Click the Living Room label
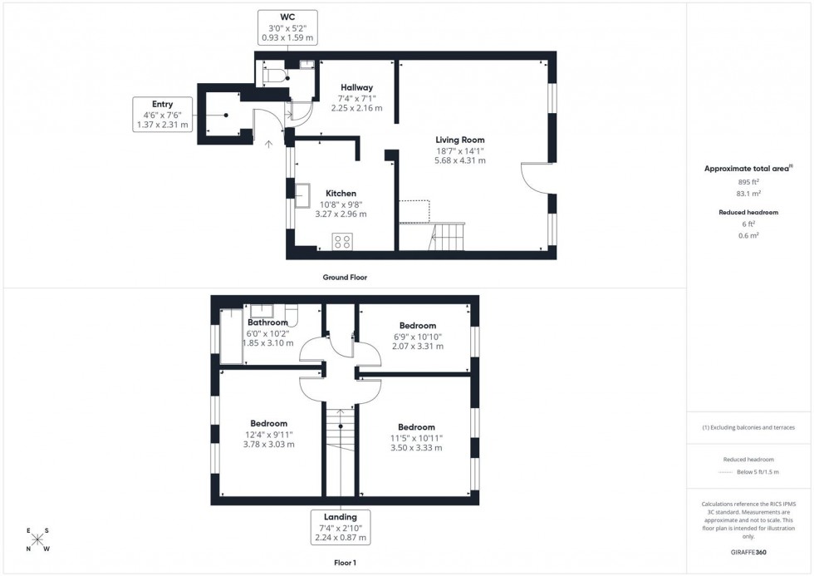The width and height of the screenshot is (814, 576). (460, 140)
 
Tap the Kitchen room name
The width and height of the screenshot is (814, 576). (341, 194)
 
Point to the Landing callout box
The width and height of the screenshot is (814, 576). (341, 527)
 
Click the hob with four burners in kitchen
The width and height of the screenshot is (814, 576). (341, 242)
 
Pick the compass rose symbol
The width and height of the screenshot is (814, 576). (37, 539)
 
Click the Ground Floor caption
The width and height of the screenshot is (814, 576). (345, 278)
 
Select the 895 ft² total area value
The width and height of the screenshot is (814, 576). (748, 182)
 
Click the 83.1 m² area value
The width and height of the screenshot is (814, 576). (748, 194)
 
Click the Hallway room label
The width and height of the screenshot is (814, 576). (356, 87)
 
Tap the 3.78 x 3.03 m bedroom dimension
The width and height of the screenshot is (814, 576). (269, 445)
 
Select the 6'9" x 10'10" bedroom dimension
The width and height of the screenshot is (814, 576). (417, 337)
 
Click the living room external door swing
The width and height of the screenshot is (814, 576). (535, 177)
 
